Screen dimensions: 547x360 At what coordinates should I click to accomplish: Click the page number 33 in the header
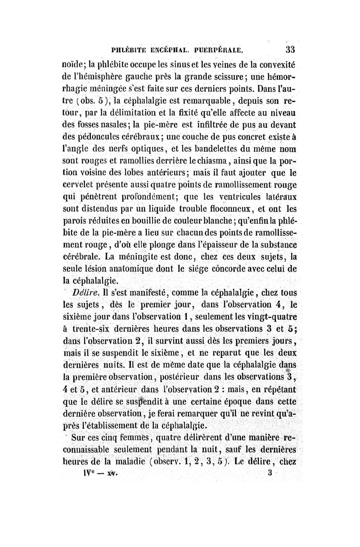tap(287, 48)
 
